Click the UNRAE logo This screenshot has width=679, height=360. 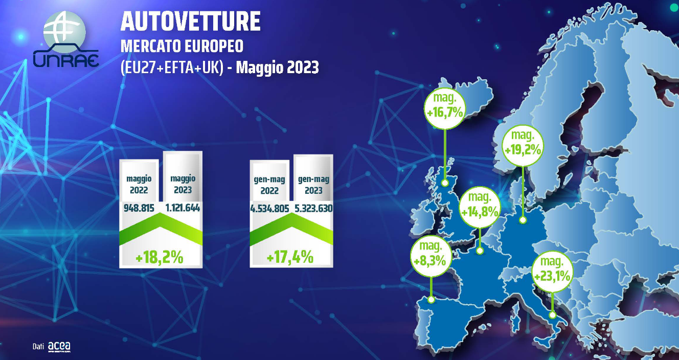tap(65, 39)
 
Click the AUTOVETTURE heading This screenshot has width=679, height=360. tap(191, 21)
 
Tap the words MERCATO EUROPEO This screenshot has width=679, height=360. tap(182, 47)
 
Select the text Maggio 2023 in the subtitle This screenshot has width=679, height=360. tap(277, 67)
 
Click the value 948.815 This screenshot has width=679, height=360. tap(139, 208)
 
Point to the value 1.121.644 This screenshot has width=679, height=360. tap(183, 208)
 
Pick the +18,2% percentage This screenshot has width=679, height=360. tap(160, 258)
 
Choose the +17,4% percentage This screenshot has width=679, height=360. tap(290, 257)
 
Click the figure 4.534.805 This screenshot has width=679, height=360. tap(270, 209)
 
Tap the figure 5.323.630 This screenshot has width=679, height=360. tap(313, 208)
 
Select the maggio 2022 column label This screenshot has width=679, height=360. tap(139, 185)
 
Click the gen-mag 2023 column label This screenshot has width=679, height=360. tap(313, 185)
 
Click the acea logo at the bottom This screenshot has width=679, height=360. tap(59, 347)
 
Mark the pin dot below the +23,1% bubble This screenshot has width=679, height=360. tap(552, 315)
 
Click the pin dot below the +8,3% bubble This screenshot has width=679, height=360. tap(431, 300)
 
